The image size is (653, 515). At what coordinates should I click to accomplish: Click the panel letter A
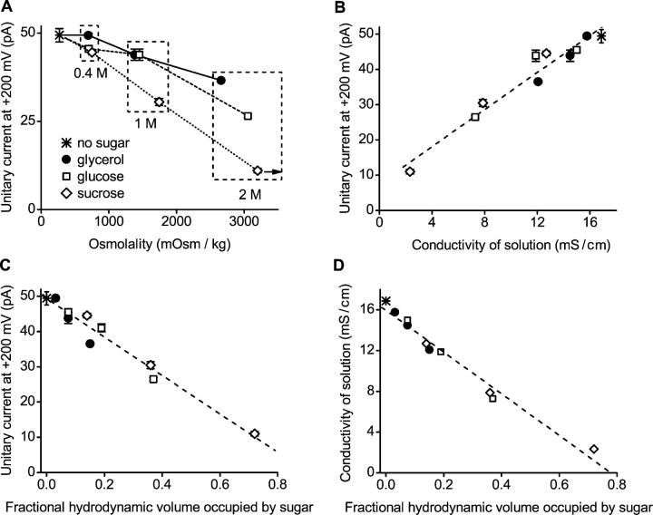(7, 8)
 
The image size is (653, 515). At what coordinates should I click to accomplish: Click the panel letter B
(336, 8)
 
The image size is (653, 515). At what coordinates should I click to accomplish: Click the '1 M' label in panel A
(146, 123)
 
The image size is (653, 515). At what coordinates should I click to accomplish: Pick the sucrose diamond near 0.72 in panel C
(255, 434)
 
